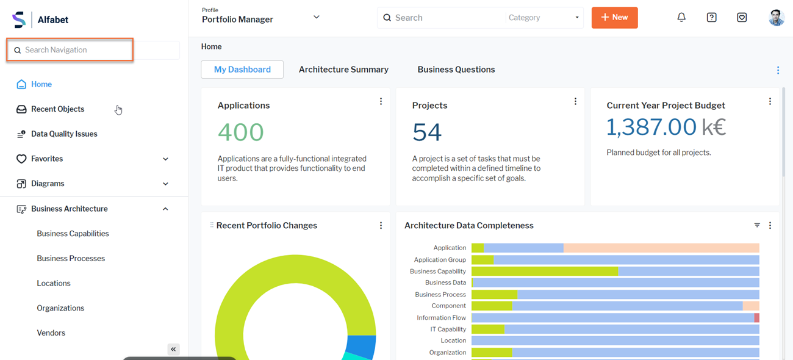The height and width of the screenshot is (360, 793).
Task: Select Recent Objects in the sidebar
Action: (x=57, y=109)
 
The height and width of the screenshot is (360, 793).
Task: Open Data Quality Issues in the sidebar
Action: (x=63, y=134)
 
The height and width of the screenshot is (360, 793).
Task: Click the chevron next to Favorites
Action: (x=165, y=159)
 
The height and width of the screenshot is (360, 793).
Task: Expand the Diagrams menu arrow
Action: (x=165, y=184)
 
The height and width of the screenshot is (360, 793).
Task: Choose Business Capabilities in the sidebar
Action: (x=73, y=234)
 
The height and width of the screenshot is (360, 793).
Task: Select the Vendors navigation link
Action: (x=51, y=333)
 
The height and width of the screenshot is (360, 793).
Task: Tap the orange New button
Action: (x=614, y=18)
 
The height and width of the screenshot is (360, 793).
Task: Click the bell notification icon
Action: (x=681, y=18)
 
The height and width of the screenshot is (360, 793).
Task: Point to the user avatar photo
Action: (x=776, y=18)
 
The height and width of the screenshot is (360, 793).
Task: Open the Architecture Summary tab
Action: (x=343, y=70)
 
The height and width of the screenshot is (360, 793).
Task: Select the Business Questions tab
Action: (x=456, y=70)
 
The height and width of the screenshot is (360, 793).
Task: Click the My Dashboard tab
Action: (x=242, y=70)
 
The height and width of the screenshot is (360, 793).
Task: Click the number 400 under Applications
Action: (x=240, y=132)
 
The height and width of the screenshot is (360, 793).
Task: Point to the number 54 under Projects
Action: (x=426, y=132)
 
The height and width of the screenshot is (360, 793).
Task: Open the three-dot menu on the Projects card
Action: (x=575, y=102)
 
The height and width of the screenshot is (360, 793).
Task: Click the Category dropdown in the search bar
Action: (x=542, y=18)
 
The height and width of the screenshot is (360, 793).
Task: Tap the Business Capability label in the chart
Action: (x=437, y=272)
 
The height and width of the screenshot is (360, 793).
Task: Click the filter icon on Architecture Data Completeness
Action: (x=757, y=225)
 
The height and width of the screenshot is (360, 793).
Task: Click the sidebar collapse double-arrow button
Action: (x=173, y=349)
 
